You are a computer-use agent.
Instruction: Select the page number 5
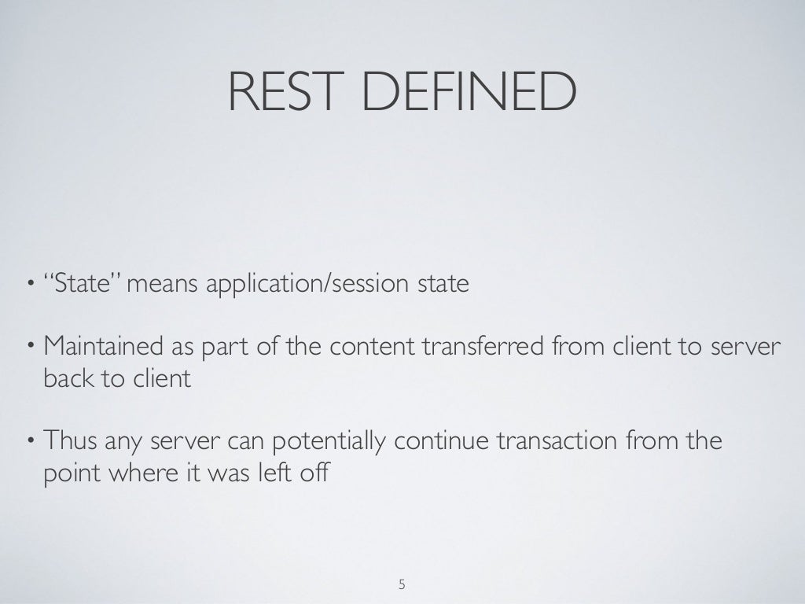pos(402,584)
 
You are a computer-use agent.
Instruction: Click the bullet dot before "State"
pos(29,283)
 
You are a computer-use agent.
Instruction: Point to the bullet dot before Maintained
pos(29,346)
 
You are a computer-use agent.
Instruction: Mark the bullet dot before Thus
pos(29,441)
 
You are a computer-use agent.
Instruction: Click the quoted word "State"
pos(86,282)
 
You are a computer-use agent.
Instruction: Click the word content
pos(372,345)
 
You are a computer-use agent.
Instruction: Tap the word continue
pos(442,440)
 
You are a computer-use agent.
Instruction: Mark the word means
pos(164,283)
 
